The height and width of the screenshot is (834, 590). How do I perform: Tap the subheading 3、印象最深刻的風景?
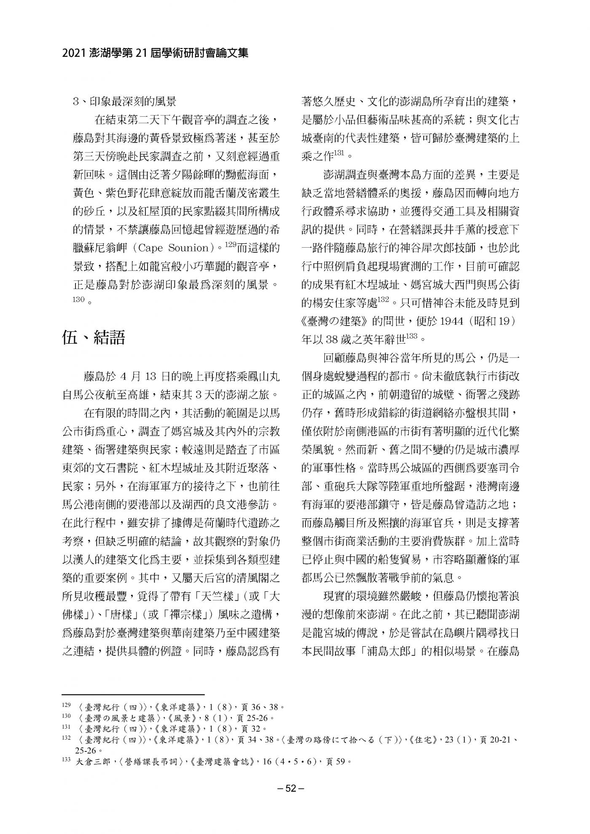(124, 102)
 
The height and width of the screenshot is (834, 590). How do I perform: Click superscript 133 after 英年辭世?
(411, 336)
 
